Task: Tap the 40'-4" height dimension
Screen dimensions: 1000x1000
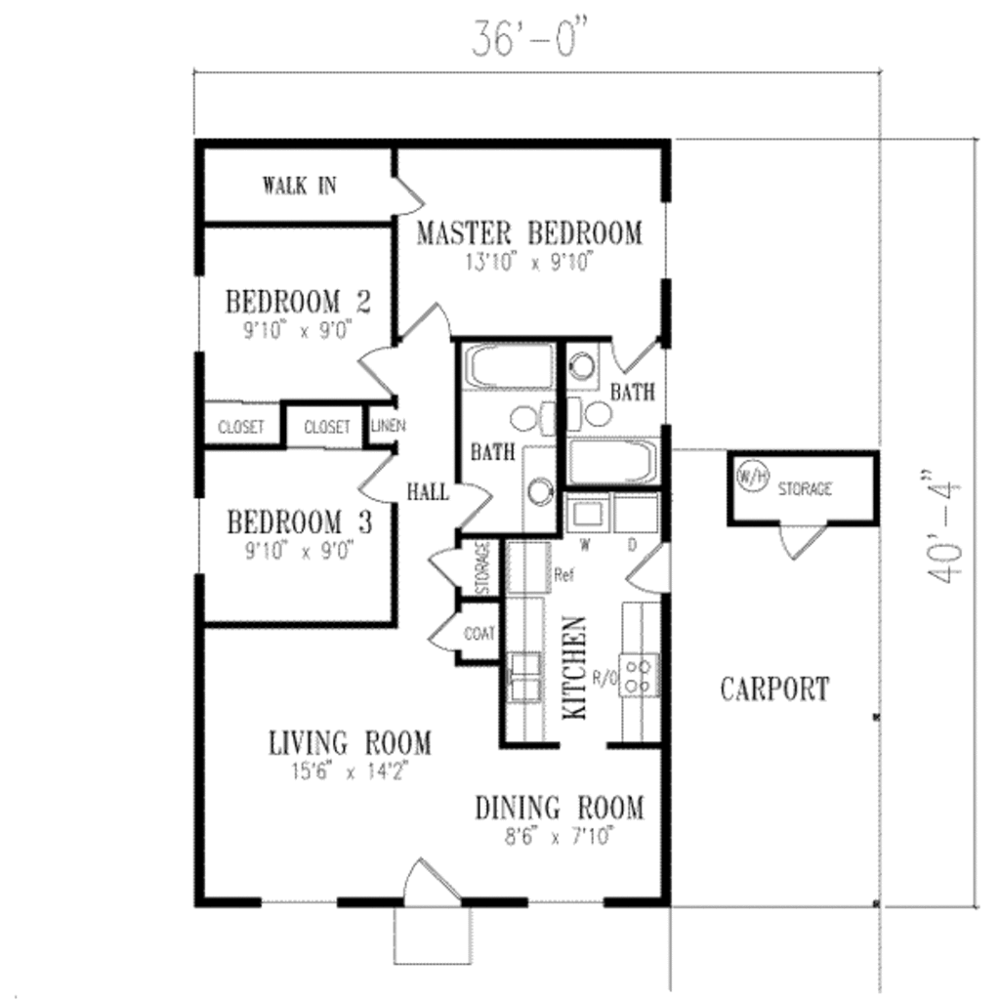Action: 945,531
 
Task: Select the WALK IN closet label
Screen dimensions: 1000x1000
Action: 299,186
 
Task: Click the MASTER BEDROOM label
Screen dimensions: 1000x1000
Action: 529,233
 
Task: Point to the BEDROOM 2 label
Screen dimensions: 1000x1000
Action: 297,301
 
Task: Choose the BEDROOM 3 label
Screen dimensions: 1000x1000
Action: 299,521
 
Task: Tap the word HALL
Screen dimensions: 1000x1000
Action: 428,492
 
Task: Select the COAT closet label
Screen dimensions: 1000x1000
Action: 479,634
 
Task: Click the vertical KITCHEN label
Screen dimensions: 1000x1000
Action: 575,668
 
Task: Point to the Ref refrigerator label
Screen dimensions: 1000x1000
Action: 562,575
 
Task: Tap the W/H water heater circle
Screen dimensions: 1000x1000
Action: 749,478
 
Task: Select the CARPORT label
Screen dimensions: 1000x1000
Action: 774,689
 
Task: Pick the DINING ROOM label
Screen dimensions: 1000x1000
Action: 560,809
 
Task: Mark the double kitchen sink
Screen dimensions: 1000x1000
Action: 523,677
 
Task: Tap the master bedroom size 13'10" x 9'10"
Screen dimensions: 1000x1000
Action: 529,262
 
